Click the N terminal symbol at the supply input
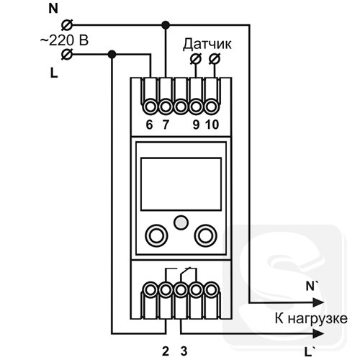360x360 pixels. pos(67,25)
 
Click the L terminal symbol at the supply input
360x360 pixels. pos(67,54)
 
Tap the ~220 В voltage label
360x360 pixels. pos(64,40)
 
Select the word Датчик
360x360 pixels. pos(207,45)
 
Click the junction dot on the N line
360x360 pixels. pos(166,24)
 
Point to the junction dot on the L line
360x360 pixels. pos(112,54)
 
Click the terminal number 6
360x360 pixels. pos(149,125)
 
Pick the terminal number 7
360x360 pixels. pos(166,125)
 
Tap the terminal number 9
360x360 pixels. pos(196,125)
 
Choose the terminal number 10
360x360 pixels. pos(212,125)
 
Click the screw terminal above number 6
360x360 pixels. pos(150,107)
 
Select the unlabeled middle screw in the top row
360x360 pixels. pos(181,107)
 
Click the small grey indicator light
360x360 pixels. pos(181,222)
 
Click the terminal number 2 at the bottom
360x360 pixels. pos(166,351)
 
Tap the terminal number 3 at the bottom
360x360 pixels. pos(184,351)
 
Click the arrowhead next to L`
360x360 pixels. pos(318,333)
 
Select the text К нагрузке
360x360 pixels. pos(311,319)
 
